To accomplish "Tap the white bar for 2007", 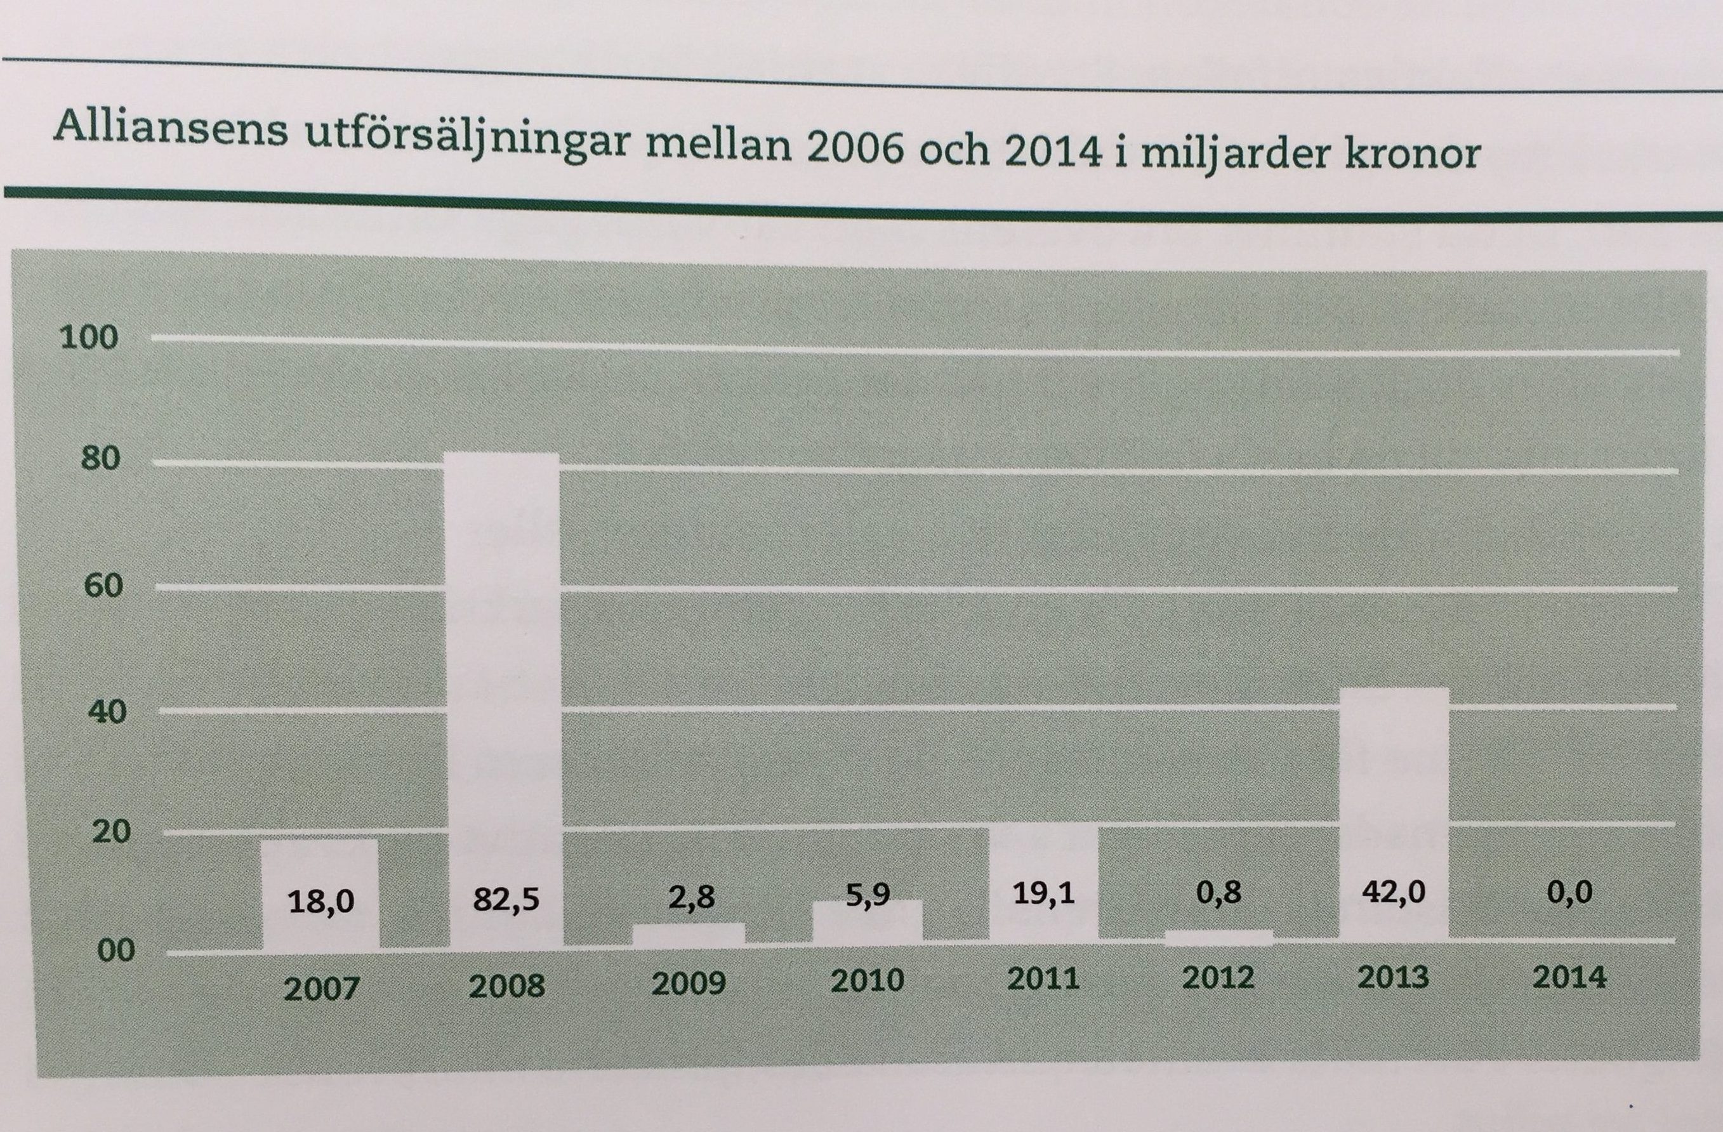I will (320, 869).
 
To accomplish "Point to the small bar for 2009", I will (689, 933).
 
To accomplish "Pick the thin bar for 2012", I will (1218, 937).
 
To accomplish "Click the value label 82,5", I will (506, 899).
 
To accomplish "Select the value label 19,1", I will (1043, 895).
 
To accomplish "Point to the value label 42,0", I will (1394, 892).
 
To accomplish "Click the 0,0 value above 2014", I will (1569, 892).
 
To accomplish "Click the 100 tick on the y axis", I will (88, 338).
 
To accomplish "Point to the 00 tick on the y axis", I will (116, 951).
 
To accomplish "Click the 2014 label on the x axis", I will (1569, 978).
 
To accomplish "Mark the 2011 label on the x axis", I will (1043, 979).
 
